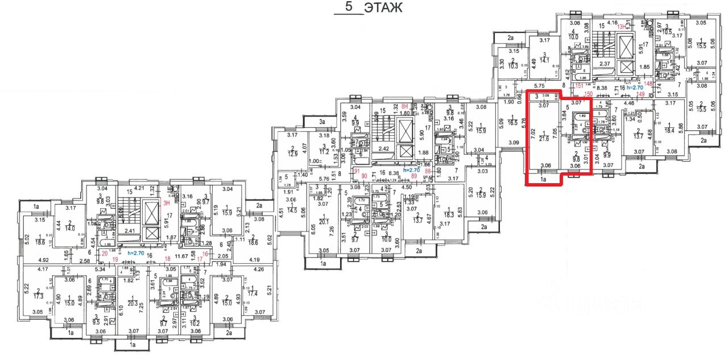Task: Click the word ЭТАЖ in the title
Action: pos(383,8)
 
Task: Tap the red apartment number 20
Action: pos(105,255)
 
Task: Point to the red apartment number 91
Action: pos(357,171)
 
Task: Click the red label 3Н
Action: pos(166,202)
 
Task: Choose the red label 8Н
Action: pos(406,106)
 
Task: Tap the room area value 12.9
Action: pos(292,153)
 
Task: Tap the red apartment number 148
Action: pos(649,82)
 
